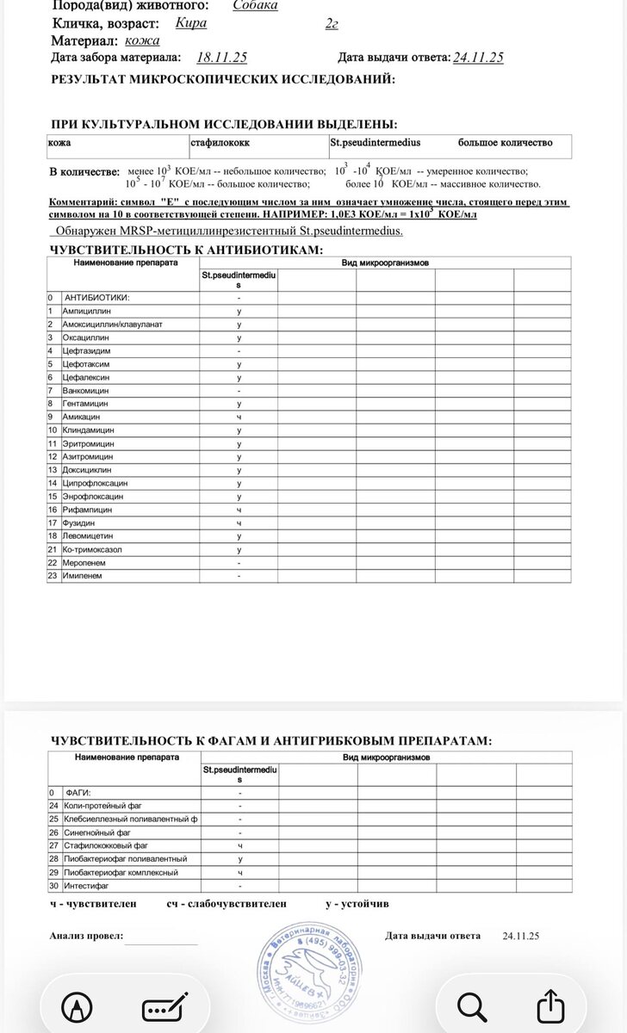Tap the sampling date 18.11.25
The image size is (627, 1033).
coord(222,58)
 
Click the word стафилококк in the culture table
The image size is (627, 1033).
coord(219,142)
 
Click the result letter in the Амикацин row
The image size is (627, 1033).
coord(239,417)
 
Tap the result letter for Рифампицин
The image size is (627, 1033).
coord(239,510)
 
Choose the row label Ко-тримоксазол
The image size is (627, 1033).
coord(93,549)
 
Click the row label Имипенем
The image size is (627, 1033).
coord(84,575)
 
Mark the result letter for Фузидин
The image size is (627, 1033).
coord(239,523)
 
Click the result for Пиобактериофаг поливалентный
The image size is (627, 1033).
coord(239,859)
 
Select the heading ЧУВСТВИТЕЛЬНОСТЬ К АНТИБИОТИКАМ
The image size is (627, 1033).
coord(187,249)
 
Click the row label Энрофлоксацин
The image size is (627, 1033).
coord(92,497)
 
